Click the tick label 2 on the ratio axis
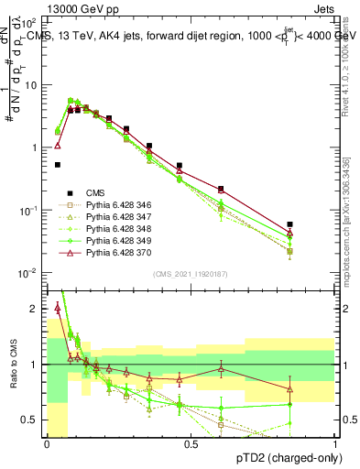coord(37,309)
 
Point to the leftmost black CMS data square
coord(57,165)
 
